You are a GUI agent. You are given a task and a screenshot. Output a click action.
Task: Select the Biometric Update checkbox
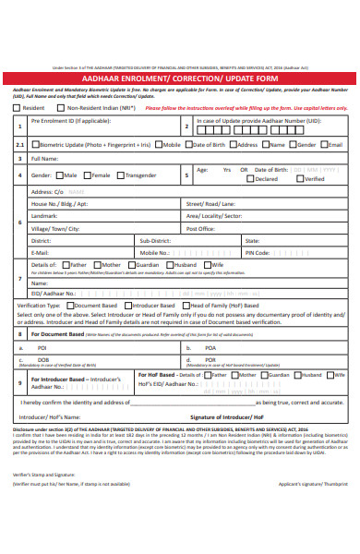[x=33, y=145]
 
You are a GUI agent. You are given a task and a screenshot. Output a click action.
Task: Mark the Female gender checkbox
[x=88, y=175]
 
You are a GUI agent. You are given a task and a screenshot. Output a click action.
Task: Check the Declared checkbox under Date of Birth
[x=249, y=179]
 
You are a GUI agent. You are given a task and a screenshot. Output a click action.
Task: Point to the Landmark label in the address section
[x=44, y=215]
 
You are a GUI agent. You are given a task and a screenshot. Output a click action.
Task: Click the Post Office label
[x=200, y=228]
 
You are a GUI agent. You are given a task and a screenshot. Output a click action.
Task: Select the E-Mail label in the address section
[x=40, y=251]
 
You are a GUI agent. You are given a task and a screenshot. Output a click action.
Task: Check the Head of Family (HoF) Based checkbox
[x=184, y=305]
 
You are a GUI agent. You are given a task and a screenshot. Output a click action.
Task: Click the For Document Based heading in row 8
[x=58, y=334]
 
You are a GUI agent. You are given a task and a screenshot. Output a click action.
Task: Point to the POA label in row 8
[x=210, y=348]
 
